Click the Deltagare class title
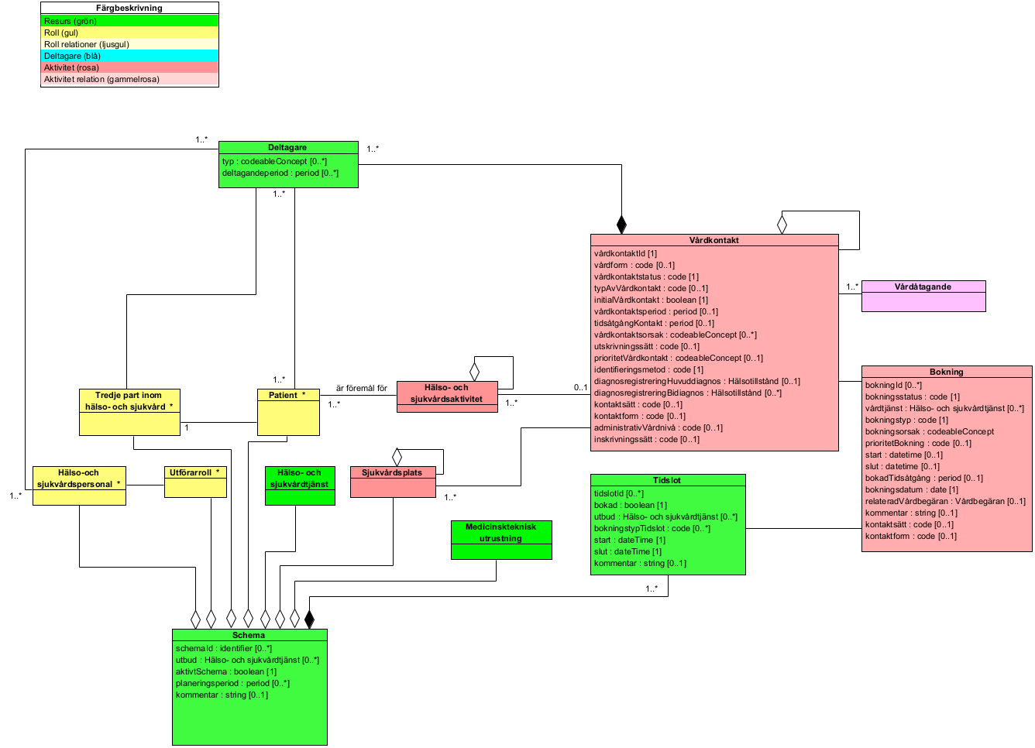287,147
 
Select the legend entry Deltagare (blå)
72,56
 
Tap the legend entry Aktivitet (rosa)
71,67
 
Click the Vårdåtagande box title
923,287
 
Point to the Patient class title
287,395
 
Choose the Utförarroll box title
194,472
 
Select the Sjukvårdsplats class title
392,472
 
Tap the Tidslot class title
667,480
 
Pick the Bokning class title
946,372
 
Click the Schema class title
249,635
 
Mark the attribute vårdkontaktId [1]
625,253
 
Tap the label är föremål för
361,388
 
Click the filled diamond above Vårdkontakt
621,225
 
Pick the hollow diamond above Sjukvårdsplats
397,456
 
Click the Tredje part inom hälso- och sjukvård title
129,400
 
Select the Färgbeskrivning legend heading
129,8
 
